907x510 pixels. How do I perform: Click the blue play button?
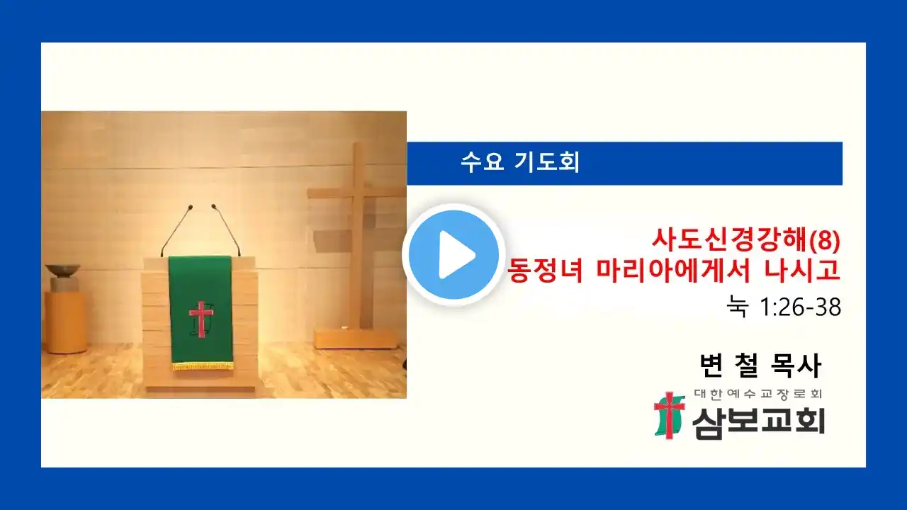tap(453, 254)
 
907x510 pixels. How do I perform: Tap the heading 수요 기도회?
tap(520, 162)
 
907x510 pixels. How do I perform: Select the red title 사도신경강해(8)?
tap(746, 239)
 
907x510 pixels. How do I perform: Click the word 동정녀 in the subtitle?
tap(545, 270)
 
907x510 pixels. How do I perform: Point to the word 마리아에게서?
tap(674, 270)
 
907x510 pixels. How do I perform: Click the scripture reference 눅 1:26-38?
tap(784, 307)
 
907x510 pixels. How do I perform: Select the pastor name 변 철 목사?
tap(760, 365)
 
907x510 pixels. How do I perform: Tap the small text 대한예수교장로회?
tap(758, 394)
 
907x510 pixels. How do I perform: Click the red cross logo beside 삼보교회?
tap(670, 416)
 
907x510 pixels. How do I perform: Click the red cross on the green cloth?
tap(201, 319)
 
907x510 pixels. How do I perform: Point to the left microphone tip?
tap(191, 208)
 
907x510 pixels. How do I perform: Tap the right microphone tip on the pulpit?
tap(214, 206)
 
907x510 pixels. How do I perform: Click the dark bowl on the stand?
tap(63, 270)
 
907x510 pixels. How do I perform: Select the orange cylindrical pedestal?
tap(65, 322)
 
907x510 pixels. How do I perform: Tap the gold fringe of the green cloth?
tap(203, 366)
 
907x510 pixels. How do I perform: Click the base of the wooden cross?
tap(356, 339)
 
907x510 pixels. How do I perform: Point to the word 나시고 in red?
tap(802, 270)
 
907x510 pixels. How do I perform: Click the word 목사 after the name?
tap(796, 365)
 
